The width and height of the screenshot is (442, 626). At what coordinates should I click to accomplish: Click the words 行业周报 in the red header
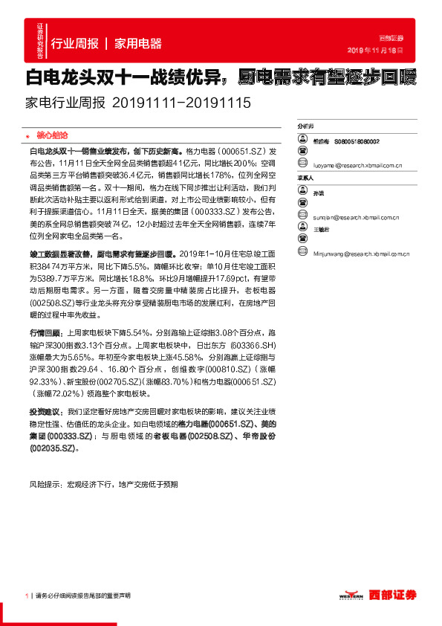(x=74, y=44)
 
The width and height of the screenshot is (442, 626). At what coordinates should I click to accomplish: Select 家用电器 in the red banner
(x=138, y=44)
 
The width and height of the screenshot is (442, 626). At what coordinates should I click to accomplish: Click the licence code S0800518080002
(x=357, y=141)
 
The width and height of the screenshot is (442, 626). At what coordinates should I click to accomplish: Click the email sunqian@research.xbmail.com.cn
(x=357, y=217)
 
